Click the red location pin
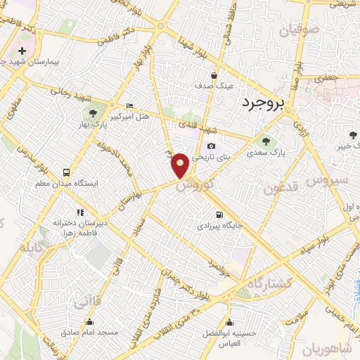(180, 165)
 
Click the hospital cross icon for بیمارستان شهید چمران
(22, 51)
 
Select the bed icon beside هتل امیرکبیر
(129, 105)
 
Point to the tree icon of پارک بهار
(91, 113)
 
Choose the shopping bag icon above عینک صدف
(214, 76)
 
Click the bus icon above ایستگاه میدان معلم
(66, 172)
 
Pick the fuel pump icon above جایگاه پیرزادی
(218, 214)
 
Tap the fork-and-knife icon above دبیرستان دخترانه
(79, 212)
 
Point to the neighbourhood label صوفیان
(299, 30)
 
